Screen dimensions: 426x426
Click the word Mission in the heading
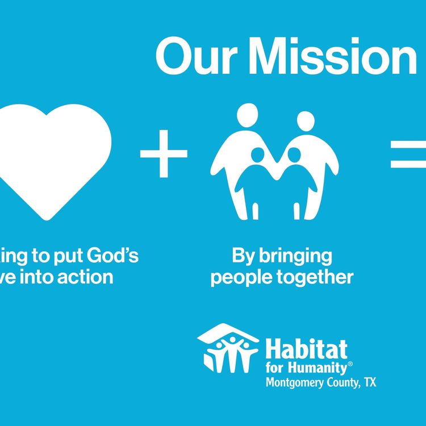pyautogui.click(x=332, y=57)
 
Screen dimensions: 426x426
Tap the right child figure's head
pyautogui.click(x=293, y=154)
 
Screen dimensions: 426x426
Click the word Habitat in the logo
pyautogui.click(x=307, y=348)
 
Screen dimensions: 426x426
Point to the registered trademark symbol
pyautogui.click(x=350, y=363)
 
